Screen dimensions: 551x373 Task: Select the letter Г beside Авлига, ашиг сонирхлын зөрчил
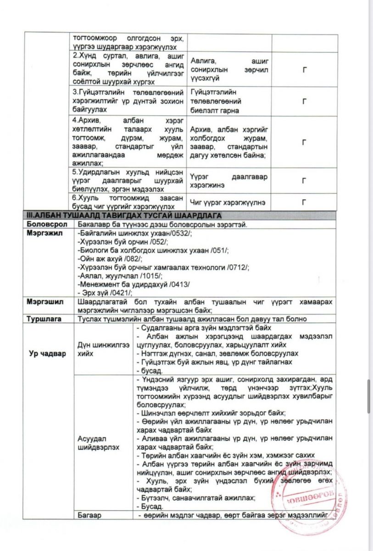[x=304, y=70]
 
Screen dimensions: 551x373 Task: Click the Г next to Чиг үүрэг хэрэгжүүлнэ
[x=304, y=202]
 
